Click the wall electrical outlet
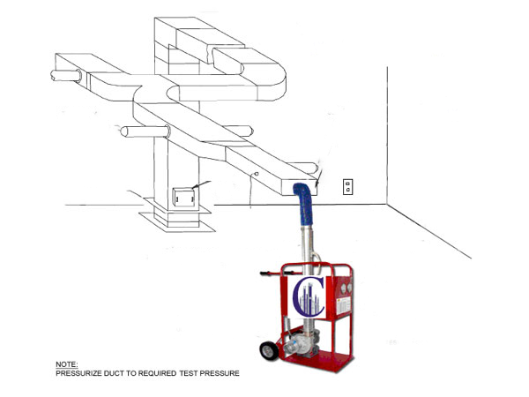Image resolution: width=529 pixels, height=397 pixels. point(348,187)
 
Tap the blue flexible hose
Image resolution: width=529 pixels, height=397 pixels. point(304,204)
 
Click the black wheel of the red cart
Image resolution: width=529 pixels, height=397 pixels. point(269,351)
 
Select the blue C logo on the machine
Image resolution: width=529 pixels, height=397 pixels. point(308,296)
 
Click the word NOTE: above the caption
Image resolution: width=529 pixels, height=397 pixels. point(66,364)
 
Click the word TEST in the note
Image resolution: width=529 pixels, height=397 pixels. point(189,373)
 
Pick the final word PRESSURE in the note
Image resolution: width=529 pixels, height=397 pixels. point(220,373)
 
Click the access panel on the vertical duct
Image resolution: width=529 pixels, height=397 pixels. point(183,198)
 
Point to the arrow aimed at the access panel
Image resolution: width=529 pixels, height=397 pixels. point(201,184)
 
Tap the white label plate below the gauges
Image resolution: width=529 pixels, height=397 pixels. point(344,305)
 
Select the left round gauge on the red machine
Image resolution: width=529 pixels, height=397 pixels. point(343,288)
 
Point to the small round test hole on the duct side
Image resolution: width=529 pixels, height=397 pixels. point(257,174)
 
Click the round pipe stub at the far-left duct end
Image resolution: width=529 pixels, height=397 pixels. point(66,76)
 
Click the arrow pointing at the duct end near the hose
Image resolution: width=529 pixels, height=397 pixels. point(319,177)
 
